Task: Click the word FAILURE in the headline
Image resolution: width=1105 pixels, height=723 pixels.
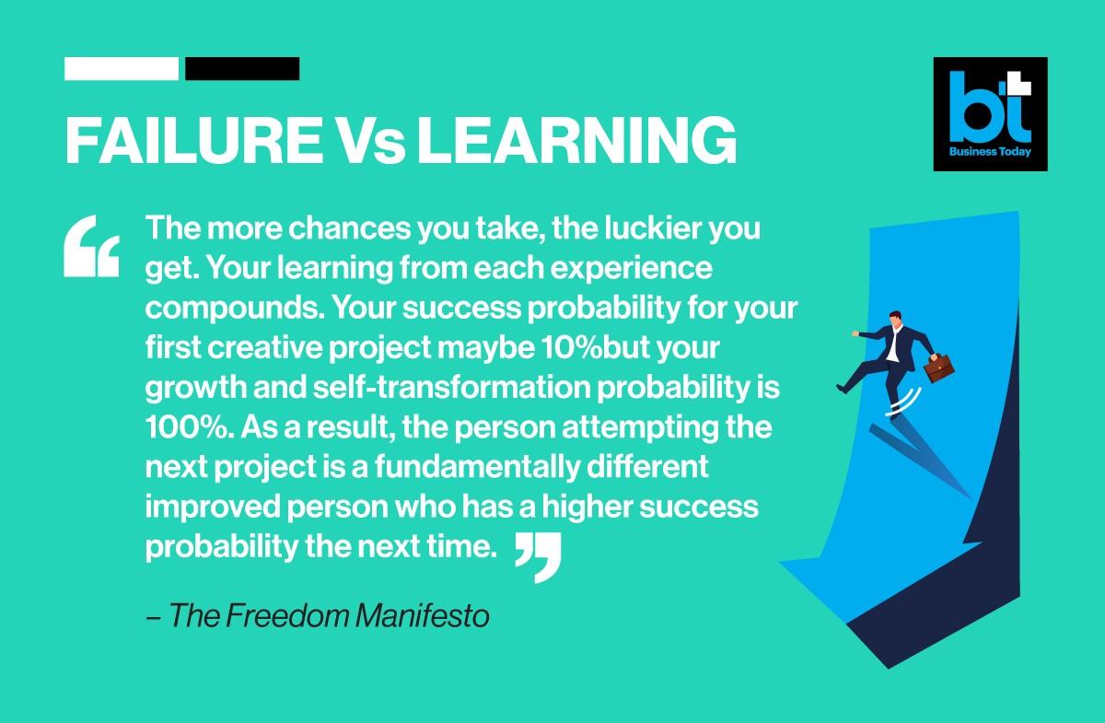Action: pos(194,140)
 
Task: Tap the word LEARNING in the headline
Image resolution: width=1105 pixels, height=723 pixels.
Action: pos(576,140)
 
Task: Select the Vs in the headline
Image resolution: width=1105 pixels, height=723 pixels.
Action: pos(370,141)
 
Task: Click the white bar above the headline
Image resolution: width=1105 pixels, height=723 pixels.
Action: pos(122,68)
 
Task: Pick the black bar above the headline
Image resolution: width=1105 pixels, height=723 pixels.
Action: pos(242,68)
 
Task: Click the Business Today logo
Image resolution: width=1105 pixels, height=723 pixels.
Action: pos(990,114)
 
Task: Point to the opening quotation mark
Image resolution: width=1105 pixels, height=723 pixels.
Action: pos(92,246)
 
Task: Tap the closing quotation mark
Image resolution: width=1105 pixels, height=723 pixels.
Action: pos(538,557)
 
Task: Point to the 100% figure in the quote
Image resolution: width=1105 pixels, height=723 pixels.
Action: pos(190,427)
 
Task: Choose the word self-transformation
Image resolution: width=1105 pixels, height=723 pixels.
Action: pos(452,387)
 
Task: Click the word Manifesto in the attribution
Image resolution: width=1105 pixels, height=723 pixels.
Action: pos(423,616)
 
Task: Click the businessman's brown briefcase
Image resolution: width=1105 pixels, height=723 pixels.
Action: pos(938,367)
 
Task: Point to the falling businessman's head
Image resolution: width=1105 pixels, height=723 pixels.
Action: pos(896,319)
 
